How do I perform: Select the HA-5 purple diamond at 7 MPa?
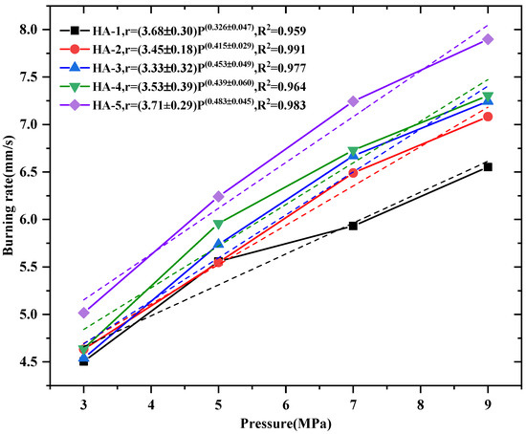(353, 101)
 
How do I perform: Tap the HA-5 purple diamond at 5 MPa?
(218, 196)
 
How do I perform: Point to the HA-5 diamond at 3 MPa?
(83, 313)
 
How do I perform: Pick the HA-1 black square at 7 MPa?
(353, 226)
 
